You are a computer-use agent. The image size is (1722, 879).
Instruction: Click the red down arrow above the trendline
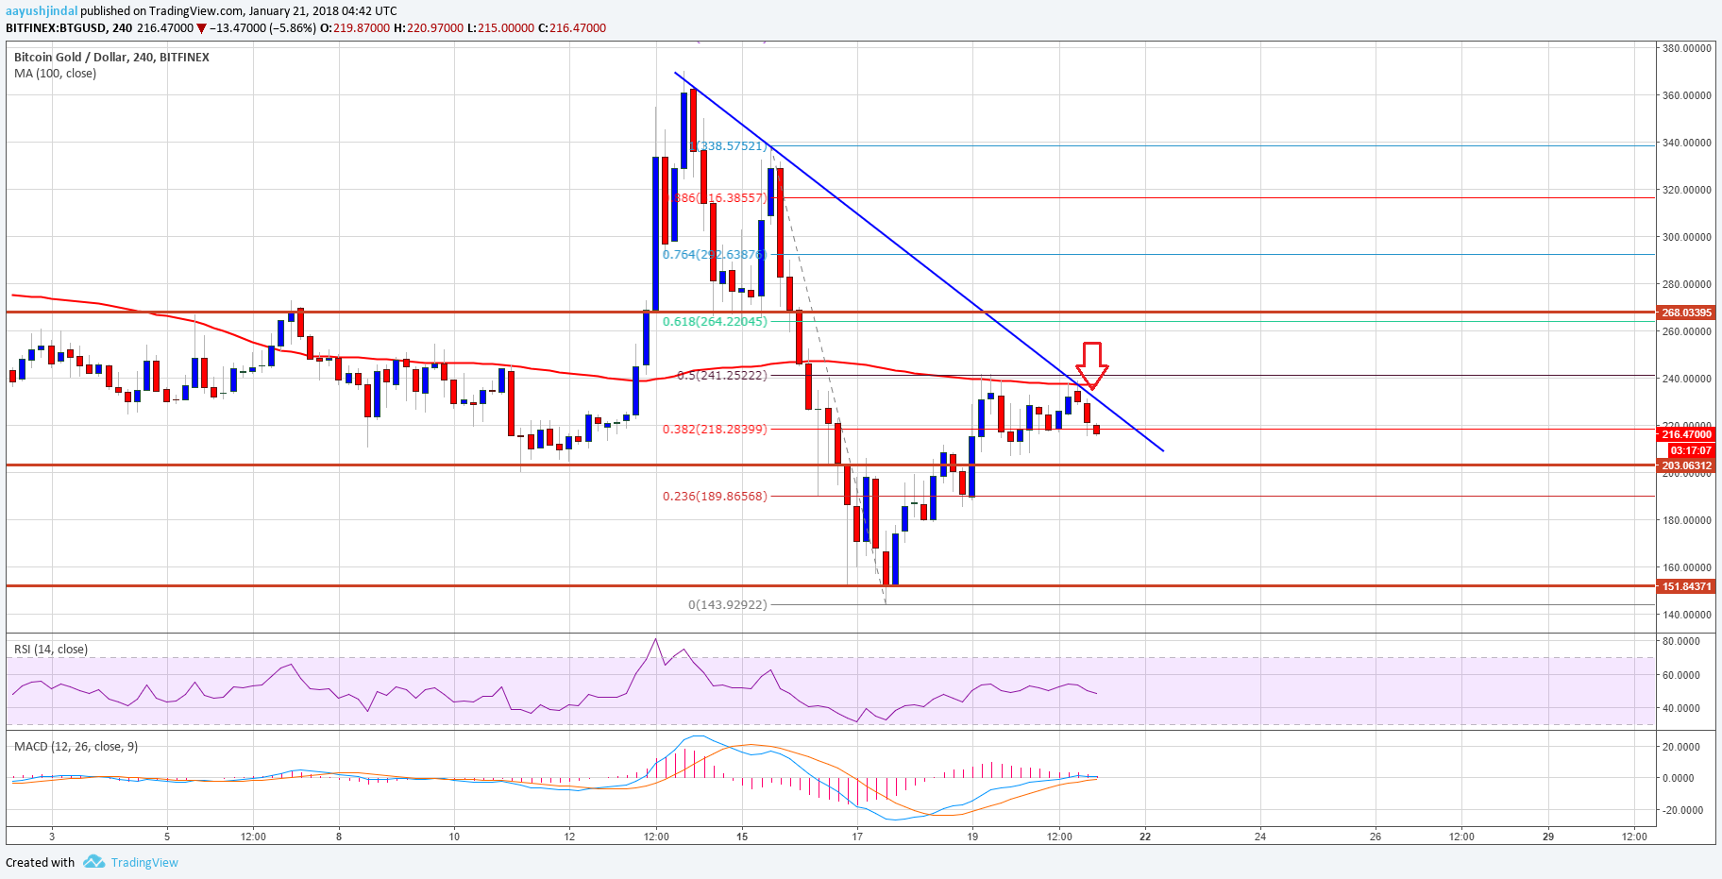(1091, 364)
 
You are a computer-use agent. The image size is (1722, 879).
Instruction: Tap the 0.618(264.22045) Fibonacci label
(715, 322)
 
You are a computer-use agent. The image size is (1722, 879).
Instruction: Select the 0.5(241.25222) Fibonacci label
(722, 376)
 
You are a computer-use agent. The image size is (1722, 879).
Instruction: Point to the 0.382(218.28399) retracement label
(715, 430)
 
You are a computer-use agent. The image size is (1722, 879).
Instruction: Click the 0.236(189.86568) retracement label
(715, 497)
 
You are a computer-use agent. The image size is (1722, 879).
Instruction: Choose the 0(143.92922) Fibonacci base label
(727, 605)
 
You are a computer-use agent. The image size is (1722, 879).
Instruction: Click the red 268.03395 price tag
(1686, 313)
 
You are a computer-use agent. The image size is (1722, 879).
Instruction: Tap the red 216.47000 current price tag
(1686, 434)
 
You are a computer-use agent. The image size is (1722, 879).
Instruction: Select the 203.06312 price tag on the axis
(1686, 465)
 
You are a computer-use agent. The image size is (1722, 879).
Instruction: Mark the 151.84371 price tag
(1686, 586)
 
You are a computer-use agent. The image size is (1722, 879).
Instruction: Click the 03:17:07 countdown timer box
(1690, 450)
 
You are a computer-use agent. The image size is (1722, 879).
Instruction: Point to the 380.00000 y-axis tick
(1686, 48)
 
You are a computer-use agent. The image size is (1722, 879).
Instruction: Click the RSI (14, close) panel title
(51, 650)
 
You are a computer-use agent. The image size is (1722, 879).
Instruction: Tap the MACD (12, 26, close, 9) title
(76, 747)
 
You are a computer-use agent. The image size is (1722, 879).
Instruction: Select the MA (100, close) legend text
(55, 74)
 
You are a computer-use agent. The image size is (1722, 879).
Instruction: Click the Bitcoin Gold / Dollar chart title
(111, 58)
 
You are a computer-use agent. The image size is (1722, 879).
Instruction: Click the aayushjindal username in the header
(42, 11)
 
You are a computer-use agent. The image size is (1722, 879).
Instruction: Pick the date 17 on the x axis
(857, 837)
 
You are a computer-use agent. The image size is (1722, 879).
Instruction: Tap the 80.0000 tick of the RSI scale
(1680, 641)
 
